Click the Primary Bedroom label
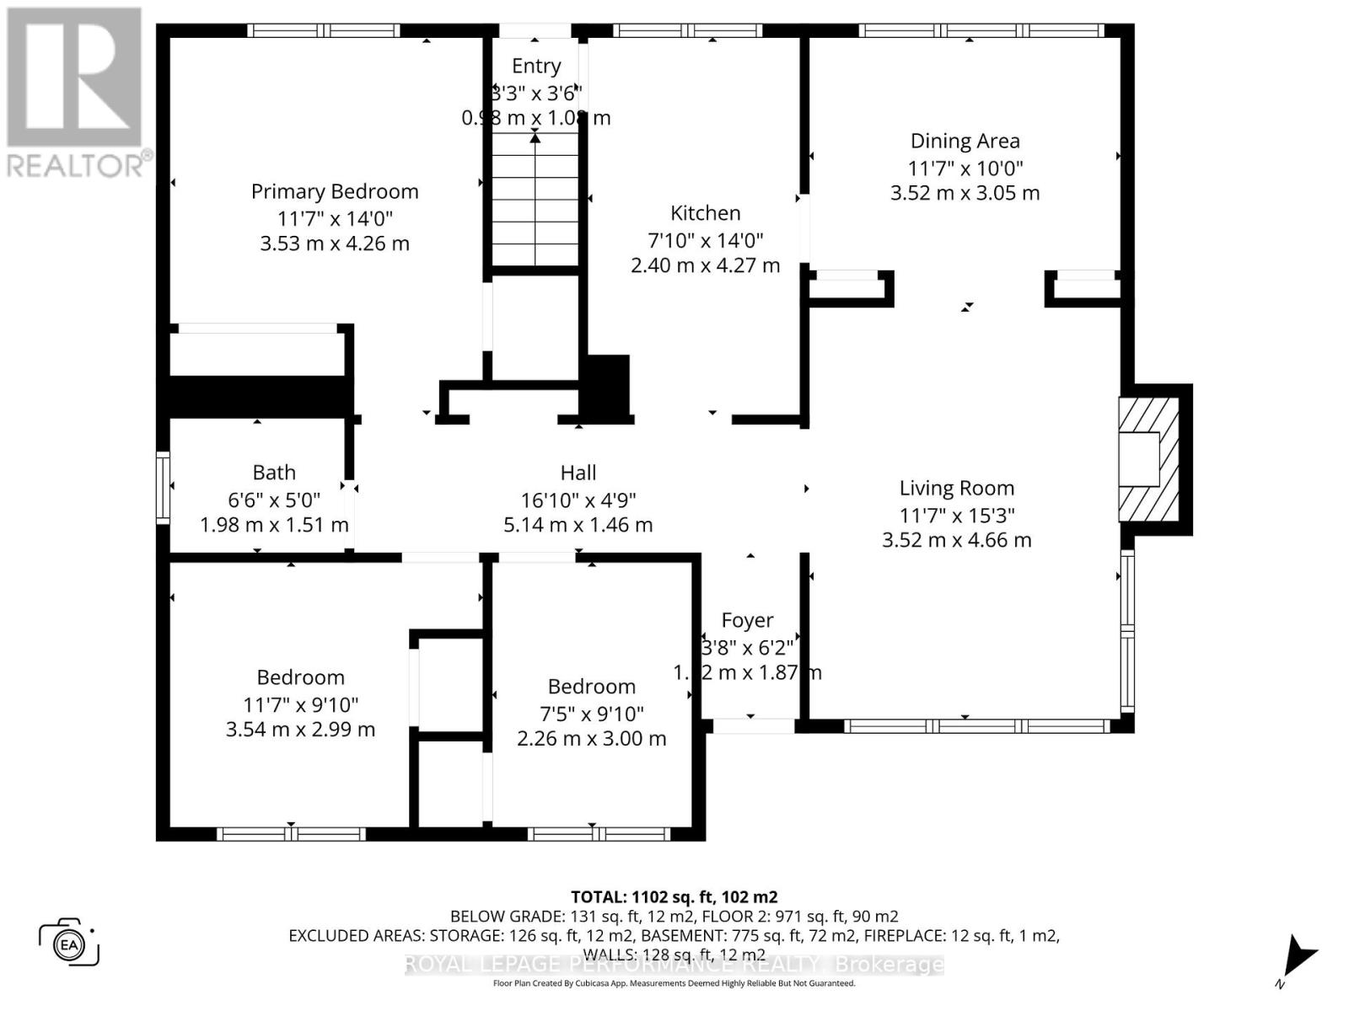[x=335, y=191]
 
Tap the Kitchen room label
[x=705, y=213]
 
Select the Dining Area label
[x=965, y=142]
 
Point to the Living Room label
[x=956, y=488]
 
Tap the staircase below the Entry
[x=535, y=202]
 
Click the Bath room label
[x=274, y=473]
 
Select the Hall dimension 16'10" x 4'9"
[x=578, y=500]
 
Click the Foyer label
[x=747, y=621]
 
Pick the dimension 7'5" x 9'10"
[x=591, y=714]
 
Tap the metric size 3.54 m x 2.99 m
[x=300, y=730]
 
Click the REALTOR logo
[x=76, y=93]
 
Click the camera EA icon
[x=69, y=943]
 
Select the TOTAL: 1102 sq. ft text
[x=674, y=897]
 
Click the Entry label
[x=536, y=66]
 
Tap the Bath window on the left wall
[x=164, y=488]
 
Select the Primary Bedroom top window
[x=324, y=31]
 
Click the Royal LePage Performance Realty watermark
[x=674, y=965]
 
